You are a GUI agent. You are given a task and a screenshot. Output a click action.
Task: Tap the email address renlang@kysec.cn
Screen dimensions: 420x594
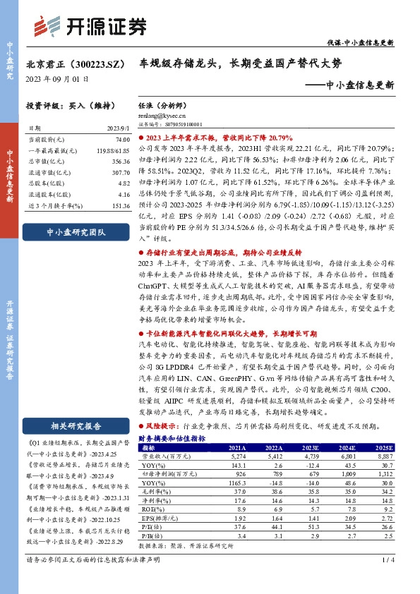(162, 114)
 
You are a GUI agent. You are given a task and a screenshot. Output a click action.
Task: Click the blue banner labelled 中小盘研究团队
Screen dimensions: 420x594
(75, 231)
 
